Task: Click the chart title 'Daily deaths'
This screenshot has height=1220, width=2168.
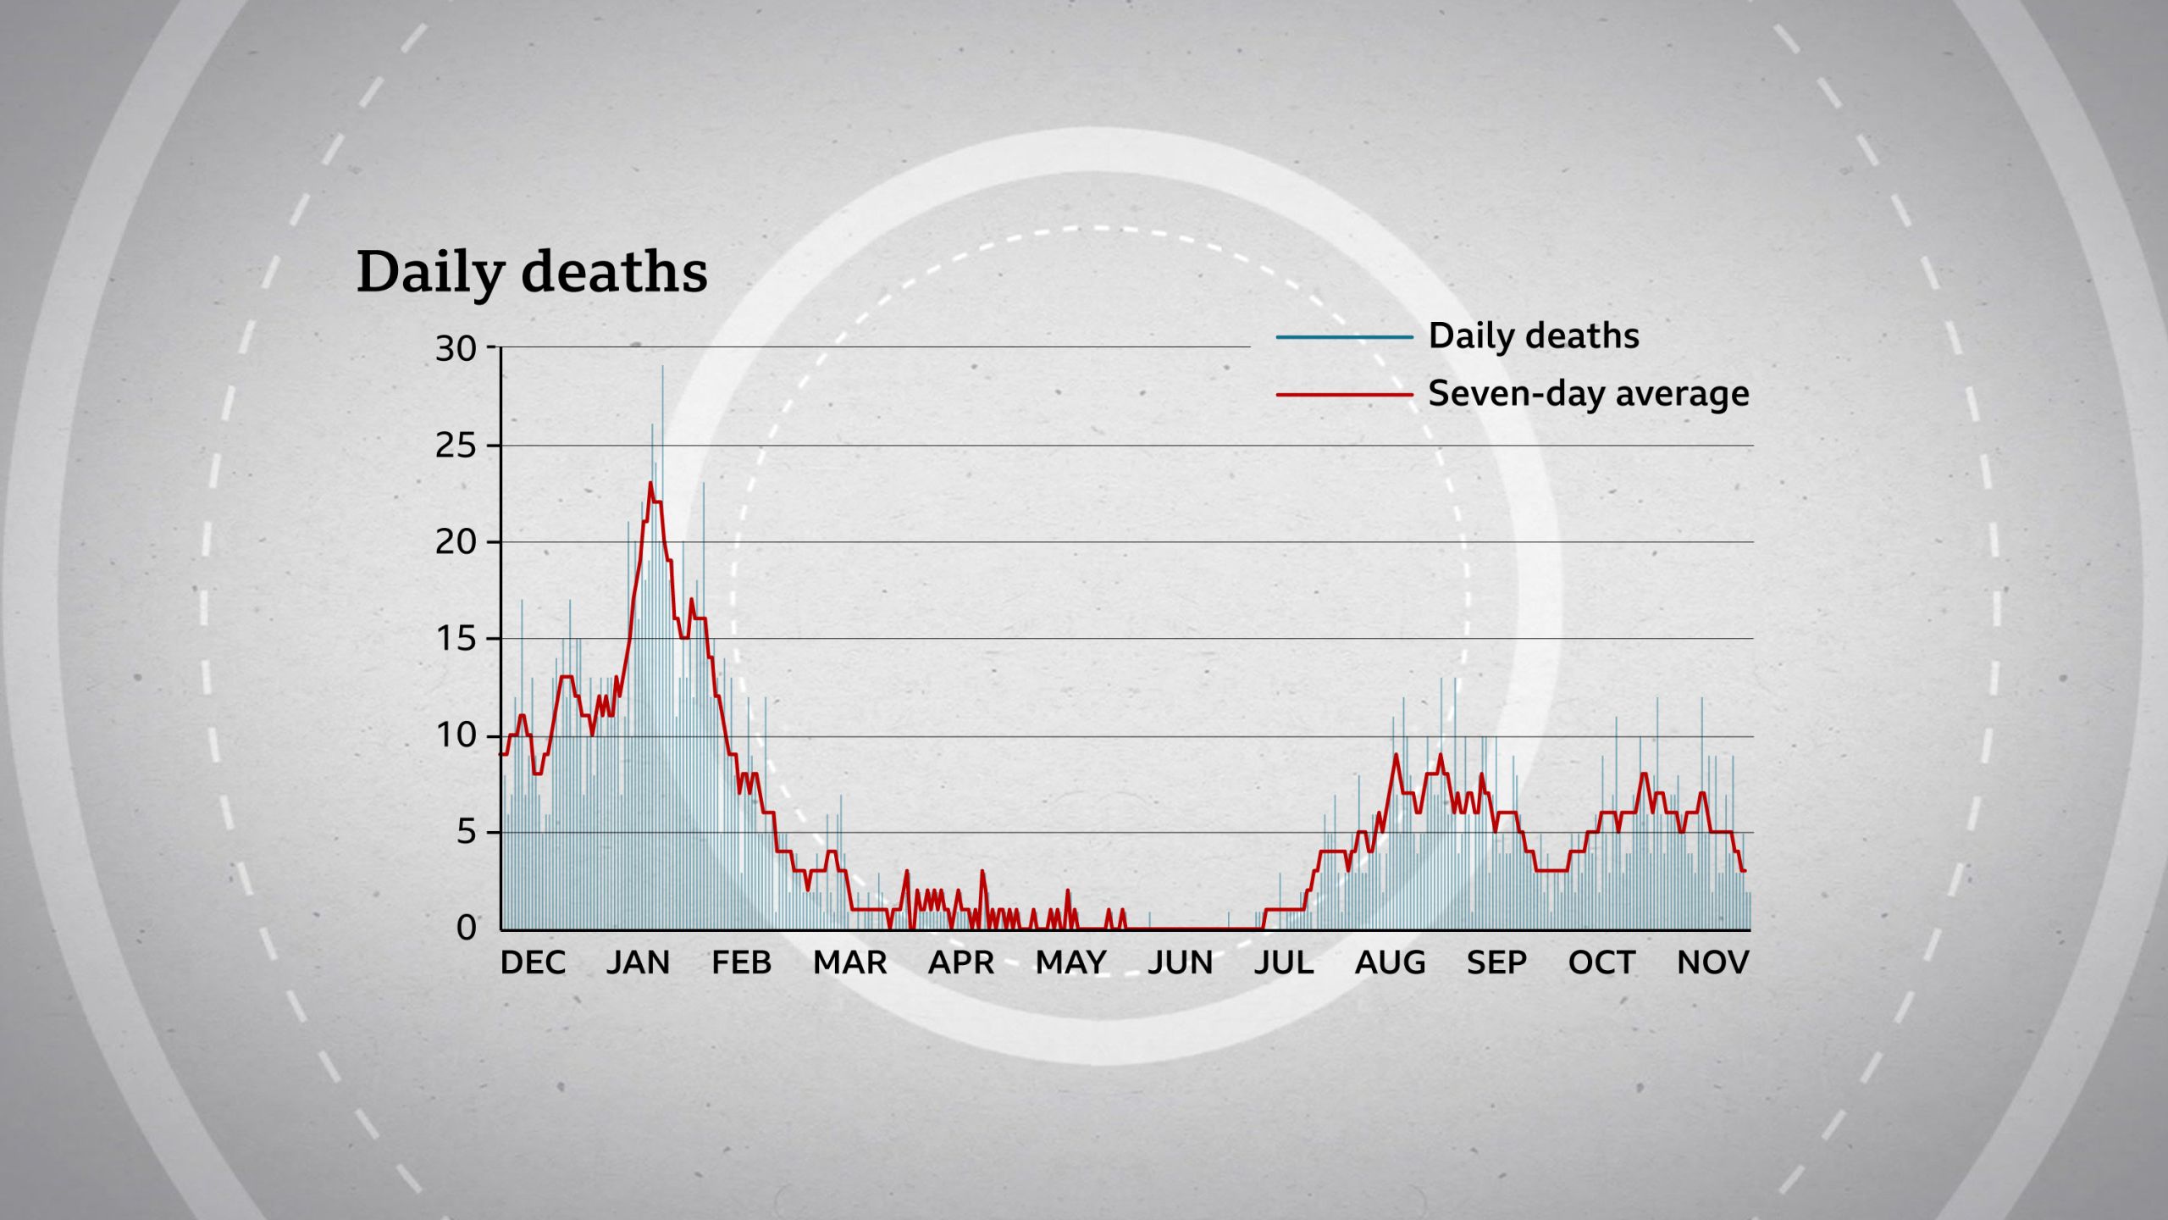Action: tap(532, 273)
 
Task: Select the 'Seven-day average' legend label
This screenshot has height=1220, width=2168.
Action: tap(1588, 394)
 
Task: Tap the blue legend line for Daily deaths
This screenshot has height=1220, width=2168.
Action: tap(1344, 337)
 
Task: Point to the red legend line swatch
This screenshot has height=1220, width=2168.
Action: tap(1344, 395)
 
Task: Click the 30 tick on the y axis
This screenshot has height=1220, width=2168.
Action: tap(456, 348)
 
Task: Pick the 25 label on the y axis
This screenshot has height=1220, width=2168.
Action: tap(456, 446)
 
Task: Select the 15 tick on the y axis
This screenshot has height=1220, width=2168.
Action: tap(456, 639)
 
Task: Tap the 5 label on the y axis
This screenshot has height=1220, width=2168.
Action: tap(466, 833)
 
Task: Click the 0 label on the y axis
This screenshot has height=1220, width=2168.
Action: tap(466, 929)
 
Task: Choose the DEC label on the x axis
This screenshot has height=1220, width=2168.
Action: tap(533, 963)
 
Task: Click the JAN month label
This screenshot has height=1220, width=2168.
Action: tap(638, 963)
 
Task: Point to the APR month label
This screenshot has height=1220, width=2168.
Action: tap(960, 963)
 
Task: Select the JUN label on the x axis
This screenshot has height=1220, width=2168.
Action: tap(1180, 963)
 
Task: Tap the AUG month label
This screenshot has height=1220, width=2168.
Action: tap(1390, 963)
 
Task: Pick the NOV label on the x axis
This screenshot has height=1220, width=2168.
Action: tap(1712, 963)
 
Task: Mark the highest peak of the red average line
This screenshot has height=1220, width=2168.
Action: tap(650, 484)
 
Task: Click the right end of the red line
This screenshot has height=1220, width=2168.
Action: tap(1744, 871)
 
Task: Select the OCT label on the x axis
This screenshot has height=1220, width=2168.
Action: tap(1601, 963)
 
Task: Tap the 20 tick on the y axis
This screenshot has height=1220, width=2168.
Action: tap(456, 542)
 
